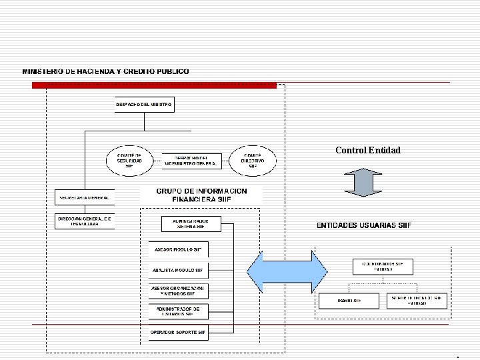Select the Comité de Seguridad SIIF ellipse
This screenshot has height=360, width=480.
125,160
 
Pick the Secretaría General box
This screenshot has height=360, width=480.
85,198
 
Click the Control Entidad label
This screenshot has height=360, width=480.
368,150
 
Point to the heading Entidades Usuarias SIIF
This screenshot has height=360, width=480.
363,225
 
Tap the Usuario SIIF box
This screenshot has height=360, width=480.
349,301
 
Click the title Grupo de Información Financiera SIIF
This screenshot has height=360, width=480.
201,195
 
